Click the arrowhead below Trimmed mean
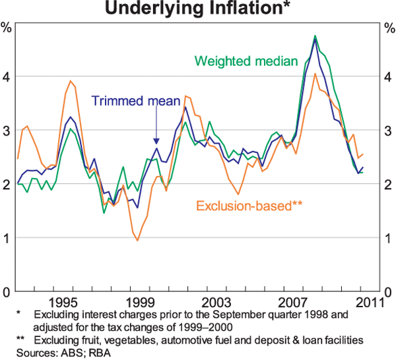point(156,140)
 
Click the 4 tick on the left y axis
point(7,76)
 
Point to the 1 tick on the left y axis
point(7,238)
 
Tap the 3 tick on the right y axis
point(388,131)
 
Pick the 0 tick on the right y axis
point(388,292)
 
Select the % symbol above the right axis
point(388,28)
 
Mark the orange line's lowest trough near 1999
point(137,241)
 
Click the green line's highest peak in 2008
point(315,36)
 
